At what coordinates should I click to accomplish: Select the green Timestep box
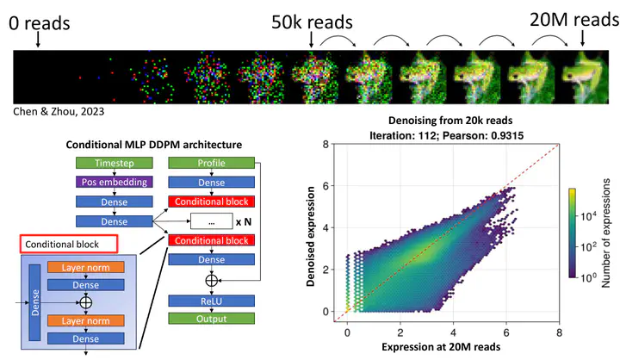pyautogui.click(x=115, y=163)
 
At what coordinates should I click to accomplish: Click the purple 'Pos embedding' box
pyautogui.click(x=115, y=182)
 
